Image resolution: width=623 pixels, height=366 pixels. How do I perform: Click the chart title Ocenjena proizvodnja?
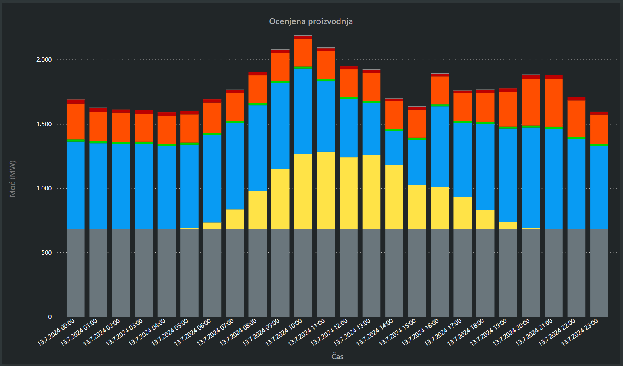[311, 21]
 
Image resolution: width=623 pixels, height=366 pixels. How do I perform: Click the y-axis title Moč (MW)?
[13, 178]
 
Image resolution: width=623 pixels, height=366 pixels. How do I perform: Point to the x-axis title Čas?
[337, 357]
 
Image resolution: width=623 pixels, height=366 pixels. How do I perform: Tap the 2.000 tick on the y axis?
[44, 60]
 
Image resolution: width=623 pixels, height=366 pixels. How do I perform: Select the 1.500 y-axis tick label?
[44, 124]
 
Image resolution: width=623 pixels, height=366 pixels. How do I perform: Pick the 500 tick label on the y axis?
[46, 253]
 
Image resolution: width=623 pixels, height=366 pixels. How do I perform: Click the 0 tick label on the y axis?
[50, 317]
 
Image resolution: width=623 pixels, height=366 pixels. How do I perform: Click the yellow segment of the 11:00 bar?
[326, 190]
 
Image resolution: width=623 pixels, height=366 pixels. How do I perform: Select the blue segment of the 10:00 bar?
[303, 111]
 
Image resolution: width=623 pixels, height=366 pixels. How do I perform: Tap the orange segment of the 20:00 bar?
[531, 102]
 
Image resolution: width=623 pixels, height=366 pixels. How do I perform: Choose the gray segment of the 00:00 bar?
[75, 273]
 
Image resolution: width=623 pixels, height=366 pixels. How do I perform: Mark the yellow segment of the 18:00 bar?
[485, 220]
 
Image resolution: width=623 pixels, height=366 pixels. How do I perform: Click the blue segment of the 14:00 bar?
[394, 148]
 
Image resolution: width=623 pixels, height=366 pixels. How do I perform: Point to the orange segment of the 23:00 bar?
[599, 129]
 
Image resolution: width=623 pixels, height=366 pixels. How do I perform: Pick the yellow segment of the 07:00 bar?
[235, 219]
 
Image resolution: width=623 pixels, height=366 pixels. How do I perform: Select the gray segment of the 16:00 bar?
[440, 273]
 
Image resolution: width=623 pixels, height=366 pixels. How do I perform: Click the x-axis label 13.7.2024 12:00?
[330, 332]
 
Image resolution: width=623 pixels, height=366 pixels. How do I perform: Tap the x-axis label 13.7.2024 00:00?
[56, 332]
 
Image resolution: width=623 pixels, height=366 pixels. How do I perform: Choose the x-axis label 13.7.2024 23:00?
[580, 332]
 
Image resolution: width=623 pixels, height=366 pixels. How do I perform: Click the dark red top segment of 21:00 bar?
[553, 77]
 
